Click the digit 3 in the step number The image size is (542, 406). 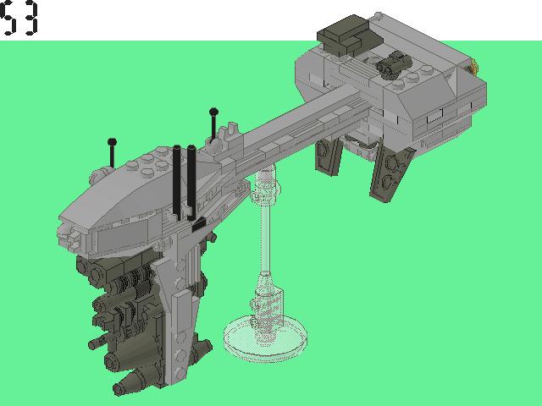coord(30,19)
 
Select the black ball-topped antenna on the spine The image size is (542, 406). coord(213,122)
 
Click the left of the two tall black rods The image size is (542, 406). coord(177,182)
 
